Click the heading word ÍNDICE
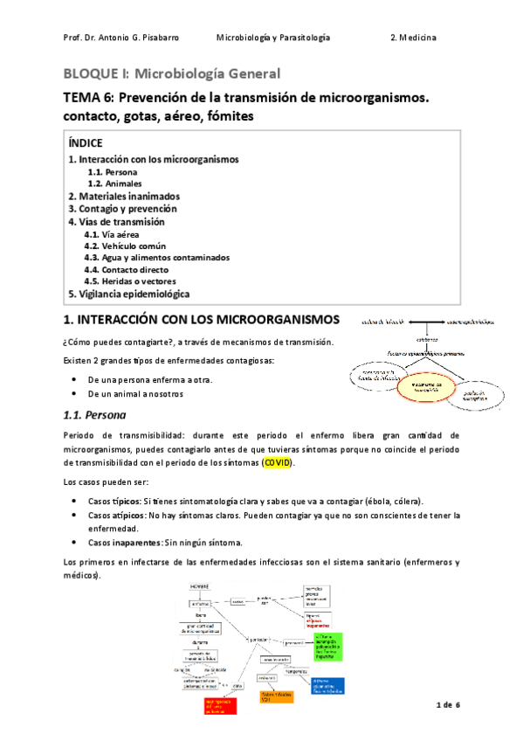pyautogui.click(x=86, y=142)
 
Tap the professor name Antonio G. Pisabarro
pyautogui.click(x=129, y=38)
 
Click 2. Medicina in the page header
pyautogui.click(x=413, y=38)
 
